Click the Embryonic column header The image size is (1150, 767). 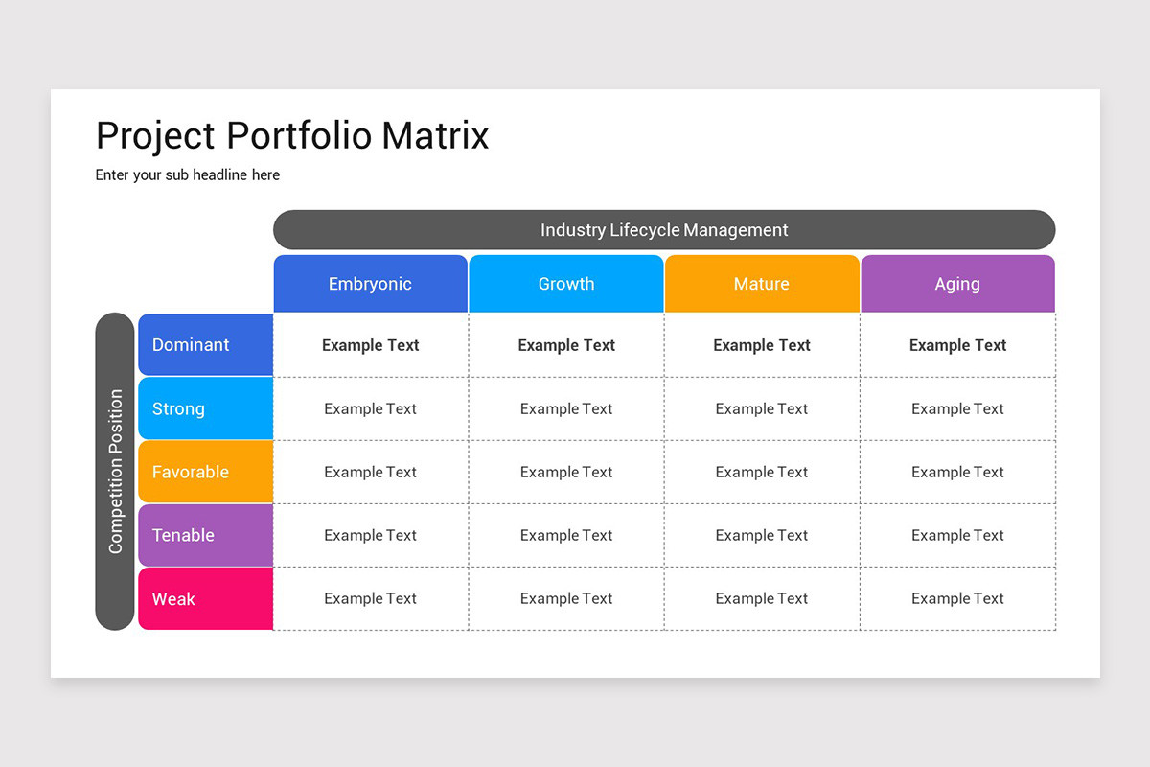[x=370, y=284]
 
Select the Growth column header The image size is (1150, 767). [x=566, y=284]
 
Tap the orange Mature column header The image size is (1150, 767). [x=762, y=284]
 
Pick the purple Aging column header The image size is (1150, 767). [x=957, y=284]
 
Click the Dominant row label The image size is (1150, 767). [x=205, y=345]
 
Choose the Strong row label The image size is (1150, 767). [x=205, y=408]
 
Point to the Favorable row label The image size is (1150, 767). [x=205, y=472]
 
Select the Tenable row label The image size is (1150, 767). [x=205, y=535]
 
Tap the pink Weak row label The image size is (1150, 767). [x=205, y=599]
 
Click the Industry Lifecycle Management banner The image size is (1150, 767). [x=664, y=230]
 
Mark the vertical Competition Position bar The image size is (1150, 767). [x=115, y=471]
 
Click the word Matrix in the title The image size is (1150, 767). [x=435, y=135]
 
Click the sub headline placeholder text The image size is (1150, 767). [x=188, y=174]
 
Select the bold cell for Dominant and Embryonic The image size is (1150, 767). [x=371, y=345]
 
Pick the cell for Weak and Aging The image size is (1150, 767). [x=957, y=598]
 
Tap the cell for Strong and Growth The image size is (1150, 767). [x=566, y=408]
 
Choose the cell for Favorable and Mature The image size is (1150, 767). [x=762, y=472]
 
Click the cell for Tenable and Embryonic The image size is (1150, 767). [x=371, y=535]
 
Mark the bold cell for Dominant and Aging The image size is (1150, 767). [x=957, y=345]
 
